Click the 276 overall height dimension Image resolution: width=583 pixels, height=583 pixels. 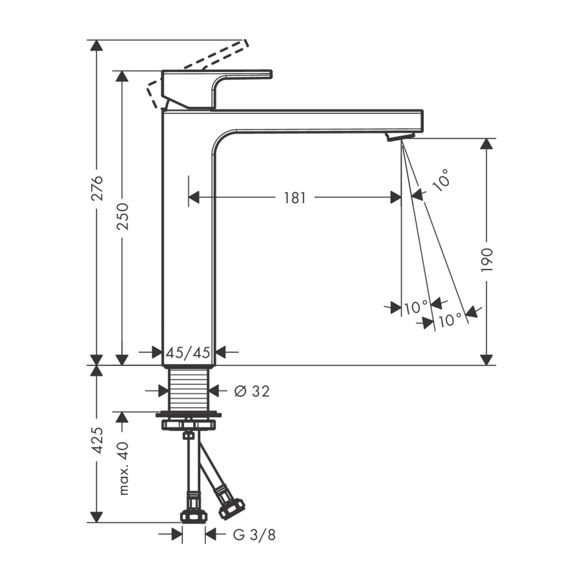tap(97, 188)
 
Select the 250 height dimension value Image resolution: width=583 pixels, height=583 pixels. tap(122, 216)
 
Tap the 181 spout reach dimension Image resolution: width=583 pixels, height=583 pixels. tap(295, 198)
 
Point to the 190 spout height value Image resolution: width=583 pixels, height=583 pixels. tap(486, 260)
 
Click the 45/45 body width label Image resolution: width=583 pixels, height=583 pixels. tap(188, 352)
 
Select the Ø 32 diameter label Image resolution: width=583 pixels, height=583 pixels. tap(252, 391)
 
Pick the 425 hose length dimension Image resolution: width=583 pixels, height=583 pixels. tap(97, 440)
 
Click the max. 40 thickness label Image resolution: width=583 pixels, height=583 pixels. tap(123, 468)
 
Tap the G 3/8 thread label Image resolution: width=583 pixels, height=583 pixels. tap(255, 535)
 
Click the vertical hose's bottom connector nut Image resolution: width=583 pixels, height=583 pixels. tap(192, 516)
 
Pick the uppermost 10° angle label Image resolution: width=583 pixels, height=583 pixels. tap(442, 180)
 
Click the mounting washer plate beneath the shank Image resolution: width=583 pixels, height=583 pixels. tap(189, 414)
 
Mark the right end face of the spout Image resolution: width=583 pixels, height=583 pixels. tap(423, 121)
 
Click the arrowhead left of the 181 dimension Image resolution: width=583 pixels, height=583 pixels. tap(194, 198)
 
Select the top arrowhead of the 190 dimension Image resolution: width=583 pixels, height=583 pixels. tap(486, 144)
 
